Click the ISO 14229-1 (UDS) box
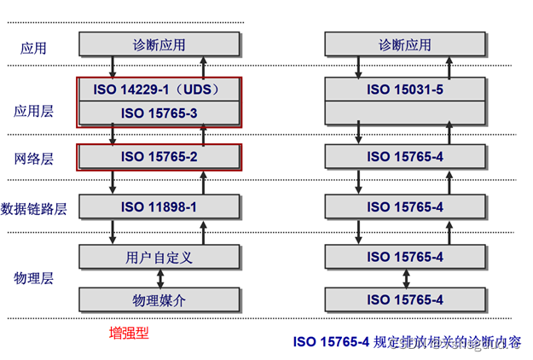(159, 89)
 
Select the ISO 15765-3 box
(159, 113)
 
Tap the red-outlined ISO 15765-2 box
(159, 157)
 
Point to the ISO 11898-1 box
(159, 207)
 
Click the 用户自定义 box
(159, 257)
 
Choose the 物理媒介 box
(159, 299)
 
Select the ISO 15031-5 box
(405, 89)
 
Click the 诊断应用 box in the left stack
(159, 44)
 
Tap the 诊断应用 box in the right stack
(405, 44)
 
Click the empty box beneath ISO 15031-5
(405, 113)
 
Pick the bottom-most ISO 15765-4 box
(405, 299)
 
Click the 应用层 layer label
(33, 111)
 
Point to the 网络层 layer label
(33, 159)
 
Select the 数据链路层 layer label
(34, 209)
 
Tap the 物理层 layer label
(33, 278)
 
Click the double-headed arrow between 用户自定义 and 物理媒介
(159, 278)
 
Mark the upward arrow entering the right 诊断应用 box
(450, 67)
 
